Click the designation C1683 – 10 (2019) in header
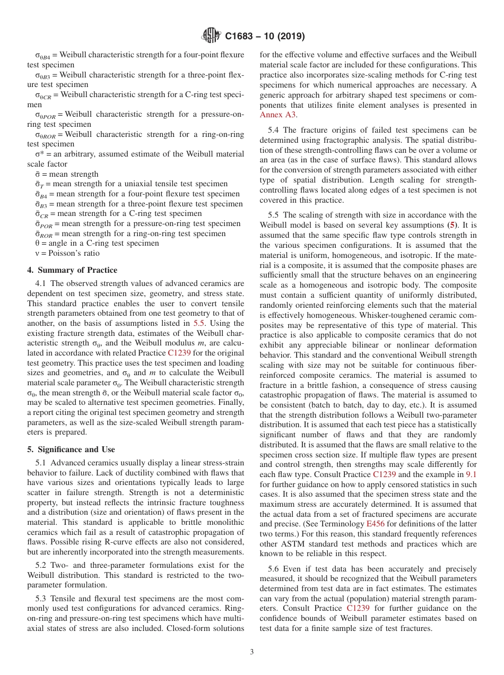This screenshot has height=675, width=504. tap(264, 37)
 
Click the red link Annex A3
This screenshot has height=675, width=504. tap(278, 115)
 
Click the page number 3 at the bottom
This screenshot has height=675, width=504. tap(251, 652)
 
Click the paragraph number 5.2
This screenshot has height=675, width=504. tap(42, 566)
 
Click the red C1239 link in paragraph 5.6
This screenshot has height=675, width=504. tap(358, 609)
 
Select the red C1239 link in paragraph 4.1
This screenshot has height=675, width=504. tap(179, 353)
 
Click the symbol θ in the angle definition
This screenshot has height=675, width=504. tap(30, 244)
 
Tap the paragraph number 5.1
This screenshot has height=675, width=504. tap(42, 463)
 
